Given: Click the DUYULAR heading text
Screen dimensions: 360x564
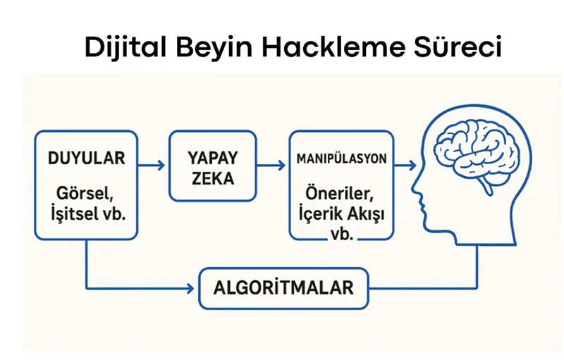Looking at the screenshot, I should point(86,159).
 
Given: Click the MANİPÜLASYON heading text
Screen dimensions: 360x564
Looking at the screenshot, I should point(342,159).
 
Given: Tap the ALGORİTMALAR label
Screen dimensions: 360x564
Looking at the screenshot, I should point(284,289).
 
